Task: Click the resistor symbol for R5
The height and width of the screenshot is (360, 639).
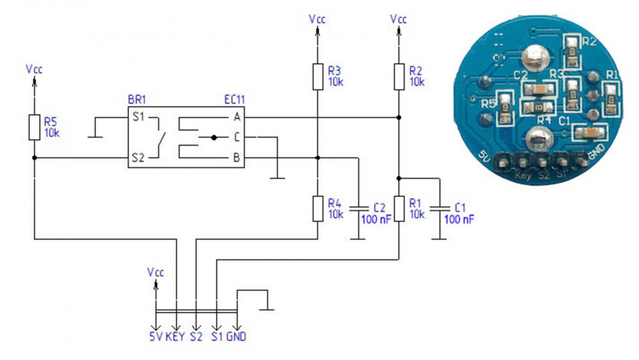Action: pos(34,127)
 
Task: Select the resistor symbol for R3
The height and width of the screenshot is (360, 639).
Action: pos(318,76)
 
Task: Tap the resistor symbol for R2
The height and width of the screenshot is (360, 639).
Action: pos(399,76)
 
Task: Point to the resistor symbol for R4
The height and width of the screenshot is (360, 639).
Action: pos(318,208)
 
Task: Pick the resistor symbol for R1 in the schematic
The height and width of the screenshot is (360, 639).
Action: pos(399,208)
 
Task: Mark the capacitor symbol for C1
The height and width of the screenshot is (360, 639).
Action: pos(438,208)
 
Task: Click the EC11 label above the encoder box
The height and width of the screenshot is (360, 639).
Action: pos(235,100)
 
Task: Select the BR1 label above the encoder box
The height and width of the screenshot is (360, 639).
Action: pos(138,100)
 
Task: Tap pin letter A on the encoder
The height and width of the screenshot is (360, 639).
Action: pos(237,118)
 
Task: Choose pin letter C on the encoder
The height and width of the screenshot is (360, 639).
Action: pos(237,137)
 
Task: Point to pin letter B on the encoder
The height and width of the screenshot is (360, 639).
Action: pos(237,157)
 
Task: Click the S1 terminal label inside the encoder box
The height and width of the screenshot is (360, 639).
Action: pos(139,118)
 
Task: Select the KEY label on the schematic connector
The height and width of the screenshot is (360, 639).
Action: pos(175,336)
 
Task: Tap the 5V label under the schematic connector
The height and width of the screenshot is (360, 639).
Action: pos(155,336)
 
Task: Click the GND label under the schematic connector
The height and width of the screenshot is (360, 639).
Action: pos(236,336)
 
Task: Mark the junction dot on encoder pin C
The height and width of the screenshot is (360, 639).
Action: pos(213,137)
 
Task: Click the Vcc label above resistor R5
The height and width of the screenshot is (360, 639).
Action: pos(34,68)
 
